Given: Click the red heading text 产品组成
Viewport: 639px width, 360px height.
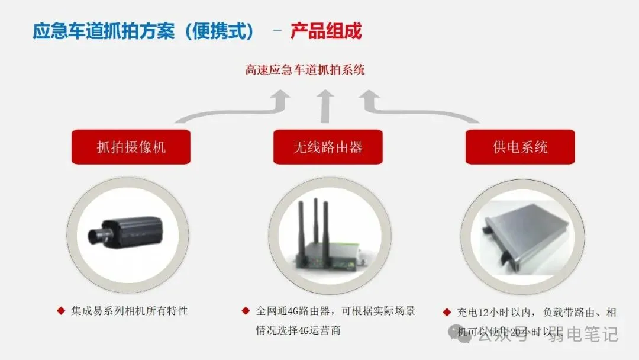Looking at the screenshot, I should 325,31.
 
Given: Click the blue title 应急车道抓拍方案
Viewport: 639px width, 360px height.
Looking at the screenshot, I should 104,31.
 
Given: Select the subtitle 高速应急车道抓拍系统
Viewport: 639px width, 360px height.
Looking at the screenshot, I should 305,70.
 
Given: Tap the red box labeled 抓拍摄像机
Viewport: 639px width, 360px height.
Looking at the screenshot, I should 131,147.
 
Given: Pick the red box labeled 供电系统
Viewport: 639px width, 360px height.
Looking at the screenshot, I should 520,147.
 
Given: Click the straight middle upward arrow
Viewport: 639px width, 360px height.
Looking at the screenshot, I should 324,106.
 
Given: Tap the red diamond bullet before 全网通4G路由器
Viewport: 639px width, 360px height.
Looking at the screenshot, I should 246,310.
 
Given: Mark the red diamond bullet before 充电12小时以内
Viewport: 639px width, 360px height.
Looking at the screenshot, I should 447,312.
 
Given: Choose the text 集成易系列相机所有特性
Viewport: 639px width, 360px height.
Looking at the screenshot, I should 130,310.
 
